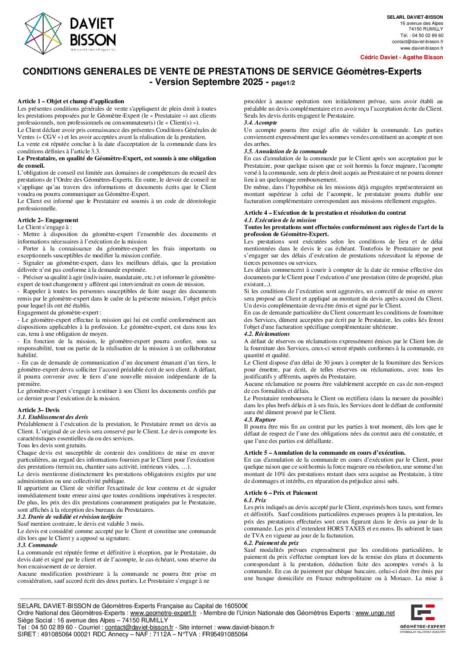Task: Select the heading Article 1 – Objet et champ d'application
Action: click(71, 101)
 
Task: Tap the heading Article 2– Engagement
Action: click(48, 220)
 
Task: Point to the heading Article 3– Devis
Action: click(38, 410)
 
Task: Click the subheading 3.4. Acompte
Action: click(260, 123)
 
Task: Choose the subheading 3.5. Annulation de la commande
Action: click(285, 152)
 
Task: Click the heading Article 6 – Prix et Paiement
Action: click(281, 493)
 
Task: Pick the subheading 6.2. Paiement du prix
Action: click(271, 543)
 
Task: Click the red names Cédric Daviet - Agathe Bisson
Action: click(401, 57)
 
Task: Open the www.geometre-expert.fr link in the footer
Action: click(163, 613)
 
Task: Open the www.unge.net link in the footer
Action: click(375, 613)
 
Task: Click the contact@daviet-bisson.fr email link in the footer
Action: click(139, 627)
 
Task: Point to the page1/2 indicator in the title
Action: click(283, 83)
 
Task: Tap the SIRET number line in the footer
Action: click(132, 634)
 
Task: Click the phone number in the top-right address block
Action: click(421, 35)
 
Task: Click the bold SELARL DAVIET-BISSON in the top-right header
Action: click(415, 17)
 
